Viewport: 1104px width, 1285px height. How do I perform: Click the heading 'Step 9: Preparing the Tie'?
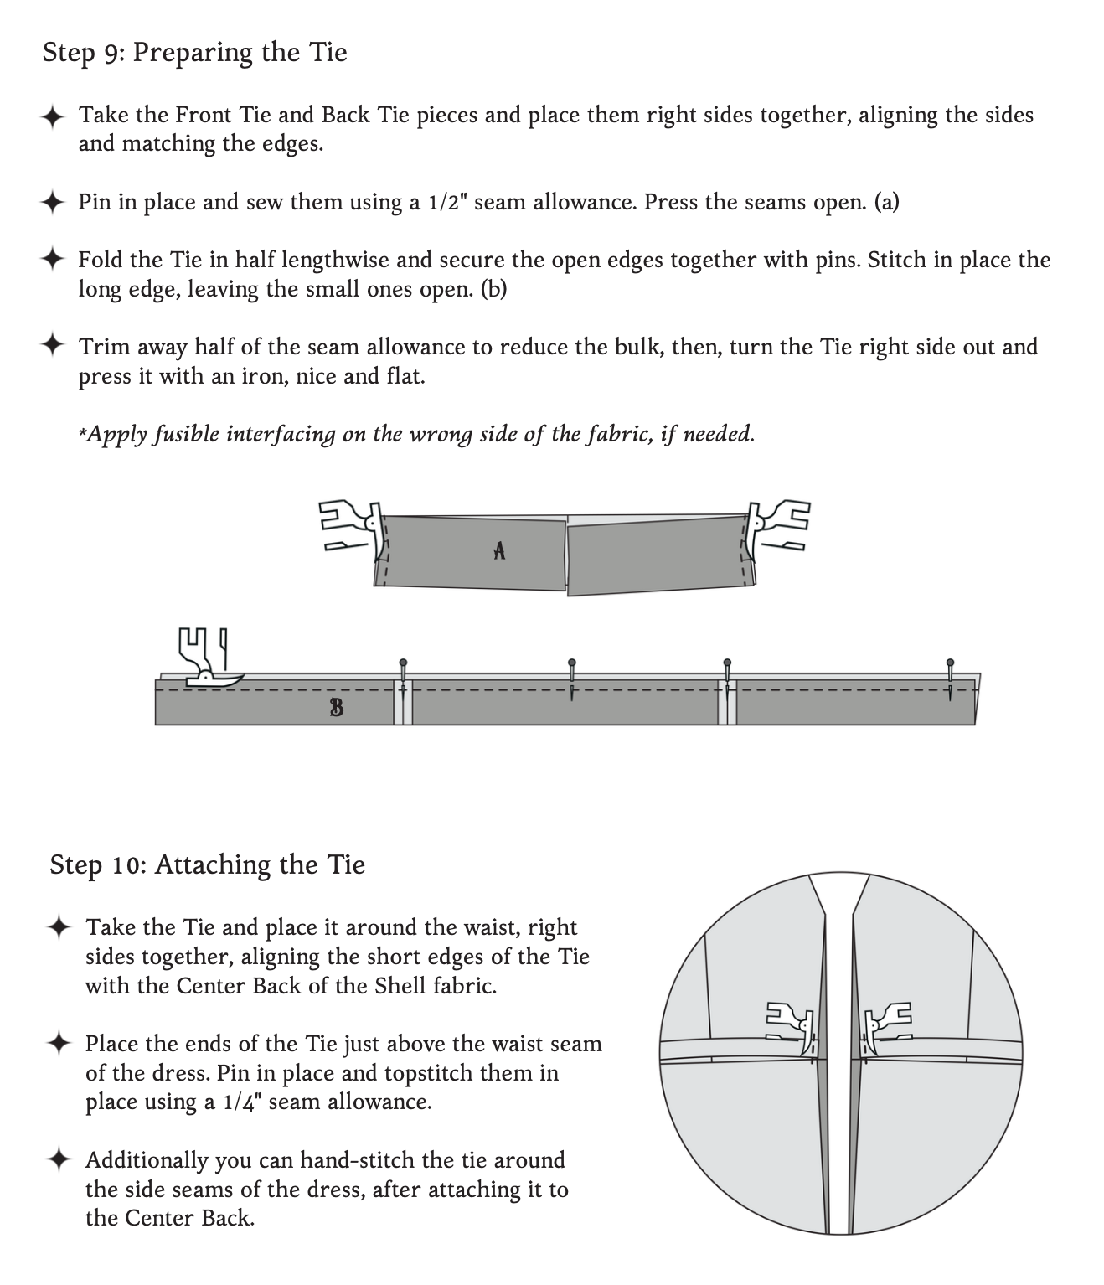point(194,53)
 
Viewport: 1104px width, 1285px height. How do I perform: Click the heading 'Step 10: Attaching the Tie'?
point(207,864)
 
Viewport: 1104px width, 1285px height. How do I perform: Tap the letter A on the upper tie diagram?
point(499,550)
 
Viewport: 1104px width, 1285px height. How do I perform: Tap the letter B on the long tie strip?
point(336,708)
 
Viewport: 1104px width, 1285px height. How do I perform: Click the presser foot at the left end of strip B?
point(206,658)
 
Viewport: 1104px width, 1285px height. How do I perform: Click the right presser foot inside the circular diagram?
point(885,1024)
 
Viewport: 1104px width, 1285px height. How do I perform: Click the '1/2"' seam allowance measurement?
point(446,203)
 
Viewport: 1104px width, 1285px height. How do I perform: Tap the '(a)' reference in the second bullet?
point(886,203)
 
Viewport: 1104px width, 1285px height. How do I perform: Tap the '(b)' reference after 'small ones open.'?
point(493,290)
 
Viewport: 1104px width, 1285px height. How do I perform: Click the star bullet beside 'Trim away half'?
point(53,345)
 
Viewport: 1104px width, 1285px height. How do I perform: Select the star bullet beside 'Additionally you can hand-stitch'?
point(59,1159)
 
